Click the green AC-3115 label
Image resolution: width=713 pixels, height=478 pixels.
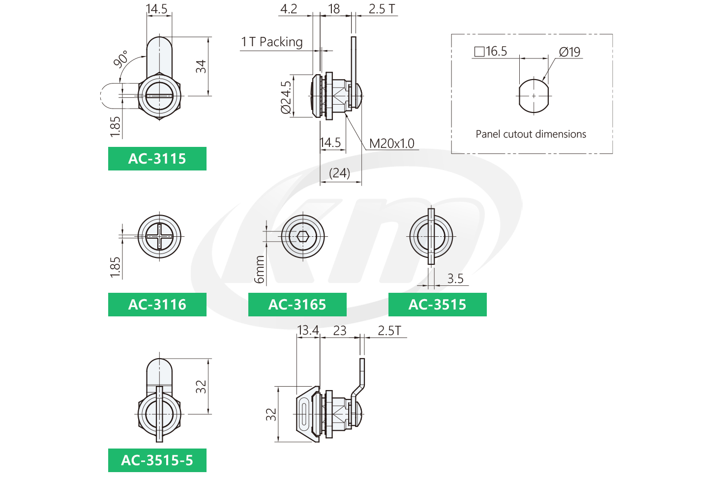click(x=157, y=158)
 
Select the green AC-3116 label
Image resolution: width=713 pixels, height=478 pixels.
click(x=157, y=305)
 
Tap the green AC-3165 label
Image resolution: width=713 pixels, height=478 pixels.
click(x=297, y=305)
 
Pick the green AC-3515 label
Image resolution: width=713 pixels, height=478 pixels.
click(x=437, y=305)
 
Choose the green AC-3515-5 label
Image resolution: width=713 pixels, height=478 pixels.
click(x=157, y=460)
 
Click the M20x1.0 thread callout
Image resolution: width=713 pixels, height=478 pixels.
click(x=392, y=144)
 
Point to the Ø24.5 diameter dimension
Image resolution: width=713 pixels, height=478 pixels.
click(x=286, y=97)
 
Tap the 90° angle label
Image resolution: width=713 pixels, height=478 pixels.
click(x=121, y=59)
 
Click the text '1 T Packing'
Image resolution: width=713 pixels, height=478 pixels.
click(x=272, y=42)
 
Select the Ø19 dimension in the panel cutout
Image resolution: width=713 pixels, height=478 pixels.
click(x=569, y=52)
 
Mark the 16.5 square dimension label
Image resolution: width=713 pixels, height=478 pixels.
click(x=491, y=51)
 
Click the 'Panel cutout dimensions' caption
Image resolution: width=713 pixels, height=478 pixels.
click(x=531, y=134)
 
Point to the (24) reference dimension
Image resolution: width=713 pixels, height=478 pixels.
click(x=340, y=173)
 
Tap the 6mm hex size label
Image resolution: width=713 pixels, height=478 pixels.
click(x=260, y=269)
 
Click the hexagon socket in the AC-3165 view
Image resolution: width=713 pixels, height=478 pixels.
click(x=303, y=237)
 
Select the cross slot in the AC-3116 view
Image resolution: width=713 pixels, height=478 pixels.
click(x=159, y=236)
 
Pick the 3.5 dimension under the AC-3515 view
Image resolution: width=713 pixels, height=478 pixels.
click(x=455, y=279)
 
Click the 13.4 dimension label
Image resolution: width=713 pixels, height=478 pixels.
click(x=308, y=331)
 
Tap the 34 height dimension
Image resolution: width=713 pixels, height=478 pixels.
click(x=201, y=66)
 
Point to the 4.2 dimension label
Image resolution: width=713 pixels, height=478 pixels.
click(x=289, y=9)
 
